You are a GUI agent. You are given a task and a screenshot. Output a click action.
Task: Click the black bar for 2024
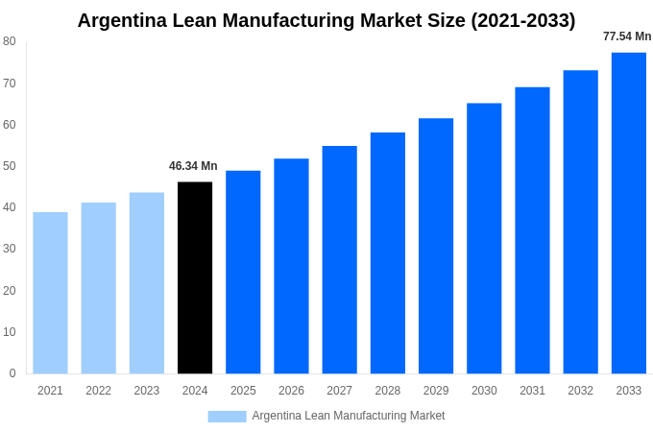point(195,277)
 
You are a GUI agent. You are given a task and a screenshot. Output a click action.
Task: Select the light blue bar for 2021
point(50,293)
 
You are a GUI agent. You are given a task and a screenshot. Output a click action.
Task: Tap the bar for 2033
point(629,213)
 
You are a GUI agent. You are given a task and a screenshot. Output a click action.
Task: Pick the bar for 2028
point(388,253)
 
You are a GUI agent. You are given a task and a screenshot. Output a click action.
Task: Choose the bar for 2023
point(147,283)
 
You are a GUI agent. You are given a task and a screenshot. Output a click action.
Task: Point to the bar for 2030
point(484,238)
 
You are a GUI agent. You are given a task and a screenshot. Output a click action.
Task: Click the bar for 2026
point(291,266)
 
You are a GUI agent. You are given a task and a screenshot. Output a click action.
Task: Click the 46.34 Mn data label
point(193,166)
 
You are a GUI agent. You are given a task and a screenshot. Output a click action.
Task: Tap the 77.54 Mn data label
point(627,36)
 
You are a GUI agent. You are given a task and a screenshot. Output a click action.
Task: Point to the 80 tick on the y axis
point(10,41)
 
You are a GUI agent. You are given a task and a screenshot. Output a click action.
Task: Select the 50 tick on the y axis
point(10,166)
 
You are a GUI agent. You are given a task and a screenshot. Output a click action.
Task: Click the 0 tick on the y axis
point(12,373)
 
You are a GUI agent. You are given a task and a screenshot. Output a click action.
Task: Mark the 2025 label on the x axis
point(243,391)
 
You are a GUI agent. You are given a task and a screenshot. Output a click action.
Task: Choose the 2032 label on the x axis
point(580,391)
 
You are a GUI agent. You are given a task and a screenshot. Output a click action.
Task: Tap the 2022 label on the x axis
point(98,391)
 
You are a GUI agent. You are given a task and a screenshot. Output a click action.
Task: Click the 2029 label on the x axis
point(436,391)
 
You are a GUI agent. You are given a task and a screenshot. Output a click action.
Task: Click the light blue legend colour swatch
point(227,417)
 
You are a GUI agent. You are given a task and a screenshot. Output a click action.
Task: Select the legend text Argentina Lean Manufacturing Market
point(349,416)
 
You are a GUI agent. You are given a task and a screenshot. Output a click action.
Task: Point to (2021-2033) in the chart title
point(522,20)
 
